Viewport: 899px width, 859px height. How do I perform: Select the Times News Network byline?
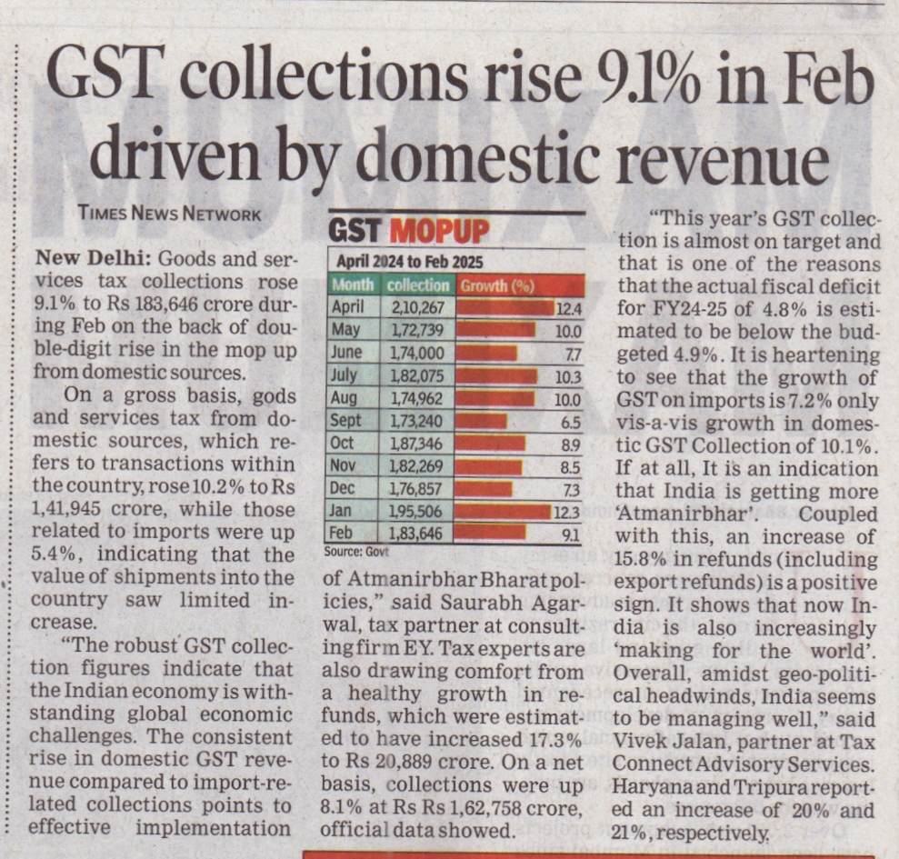point(170,215)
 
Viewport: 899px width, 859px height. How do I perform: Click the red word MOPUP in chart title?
point(439,231)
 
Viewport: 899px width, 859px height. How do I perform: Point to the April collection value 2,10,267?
point(416,308)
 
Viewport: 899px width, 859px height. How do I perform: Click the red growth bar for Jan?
point(502,511)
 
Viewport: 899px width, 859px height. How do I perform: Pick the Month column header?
point(353,285)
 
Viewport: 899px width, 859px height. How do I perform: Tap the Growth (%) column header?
point(496,285)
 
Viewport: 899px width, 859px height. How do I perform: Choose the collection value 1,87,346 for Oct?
point(416,444)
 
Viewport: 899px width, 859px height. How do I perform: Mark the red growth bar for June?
point(487,353)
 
